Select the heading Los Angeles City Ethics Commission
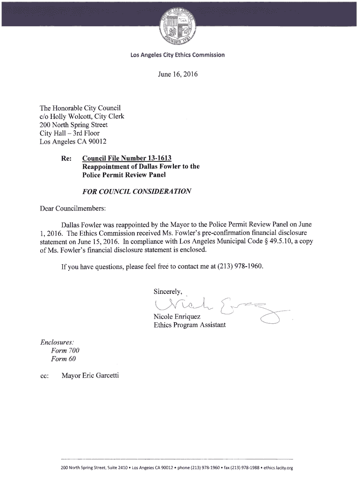click(x=178, y=55)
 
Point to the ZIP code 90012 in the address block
click(x=97, y=142)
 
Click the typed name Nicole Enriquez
click(x=177, y=317)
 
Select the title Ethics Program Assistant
click(x=189, y=325)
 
